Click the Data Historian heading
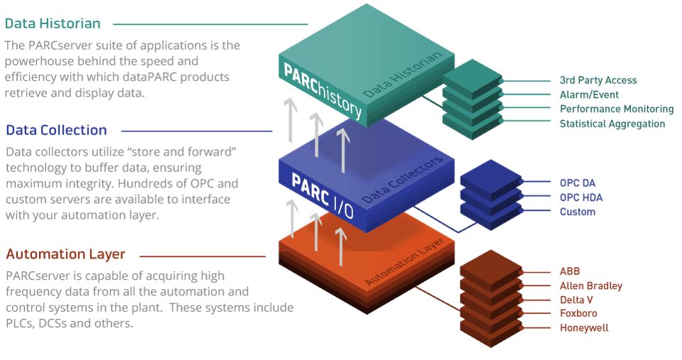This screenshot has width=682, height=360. pos(53,23)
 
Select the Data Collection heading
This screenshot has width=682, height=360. pos(56,131)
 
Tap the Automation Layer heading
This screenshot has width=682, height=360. pos(65,254)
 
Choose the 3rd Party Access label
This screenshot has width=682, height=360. pos(598,80)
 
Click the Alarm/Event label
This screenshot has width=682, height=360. pos(589,94)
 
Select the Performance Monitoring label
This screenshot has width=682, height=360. pos(616,109)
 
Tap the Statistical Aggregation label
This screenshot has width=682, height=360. pos(612,124)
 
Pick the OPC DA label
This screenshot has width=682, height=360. pos(577,182)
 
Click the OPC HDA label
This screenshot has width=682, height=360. pos(581,197)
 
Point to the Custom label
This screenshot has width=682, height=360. pos(578,212)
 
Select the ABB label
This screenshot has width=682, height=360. pos(570,271)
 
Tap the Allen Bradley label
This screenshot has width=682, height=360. pos(591,286)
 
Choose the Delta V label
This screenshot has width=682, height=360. pos(578,300)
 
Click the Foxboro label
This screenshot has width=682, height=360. pos(578,314)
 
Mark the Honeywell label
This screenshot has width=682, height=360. pos(584,328)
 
